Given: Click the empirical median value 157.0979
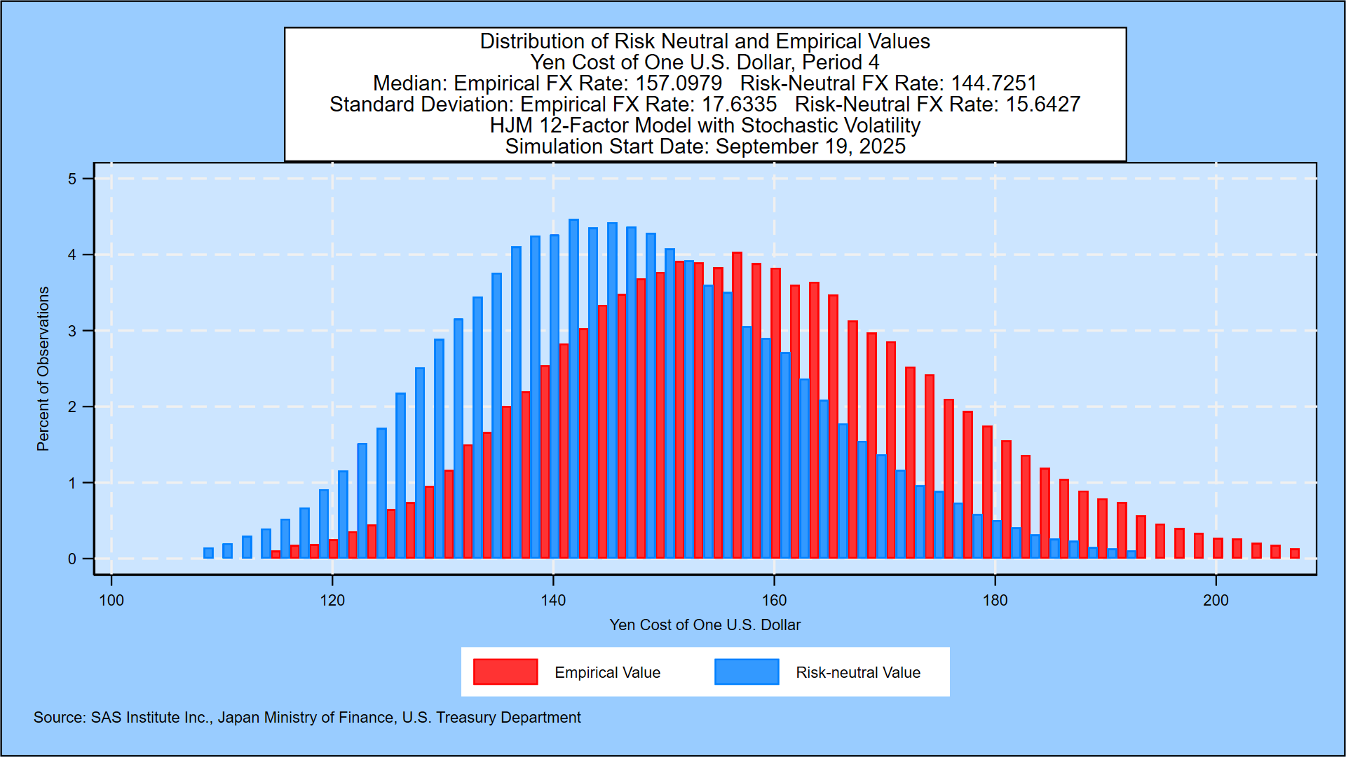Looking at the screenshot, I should [x=678, y=83].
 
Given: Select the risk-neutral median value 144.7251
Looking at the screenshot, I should [x=993, y=83].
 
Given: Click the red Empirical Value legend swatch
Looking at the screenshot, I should [x=505, y=671].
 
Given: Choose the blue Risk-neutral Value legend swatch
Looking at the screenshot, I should [x=747, y=671].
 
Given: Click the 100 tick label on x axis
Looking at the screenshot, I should [x=111, y=601].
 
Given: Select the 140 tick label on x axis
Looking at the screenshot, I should [x=553, y=601].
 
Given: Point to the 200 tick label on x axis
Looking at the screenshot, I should [x=1216, y=601].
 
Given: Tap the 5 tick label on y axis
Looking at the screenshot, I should [x=72, y=179].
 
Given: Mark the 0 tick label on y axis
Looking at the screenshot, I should [x=72, y=559].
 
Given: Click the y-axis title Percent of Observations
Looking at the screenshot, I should [x=43, y=369].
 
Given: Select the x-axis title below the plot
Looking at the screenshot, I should [x=705, y=625].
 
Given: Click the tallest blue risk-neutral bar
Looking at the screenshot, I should [x=573, y=389].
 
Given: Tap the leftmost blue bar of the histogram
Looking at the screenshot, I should [x=208, y=553].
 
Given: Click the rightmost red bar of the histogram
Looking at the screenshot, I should [x=1294, y=554].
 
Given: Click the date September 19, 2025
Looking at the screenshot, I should [x=810, y=146].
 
